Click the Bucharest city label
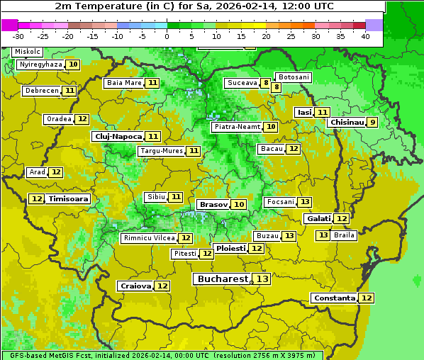223,279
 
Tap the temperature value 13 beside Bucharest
262,279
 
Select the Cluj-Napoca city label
118,136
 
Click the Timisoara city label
69,199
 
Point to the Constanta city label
334,298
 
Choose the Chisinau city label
347,122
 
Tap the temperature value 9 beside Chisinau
373,122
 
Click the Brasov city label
213,204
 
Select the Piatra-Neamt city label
237,127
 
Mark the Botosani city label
293,77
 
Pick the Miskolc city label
28,52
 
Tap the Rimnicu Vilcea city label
148,238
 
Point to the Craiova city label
136,286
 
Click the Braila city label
344,235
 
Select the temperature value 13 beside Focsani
305,202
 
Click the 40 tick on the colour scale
365,36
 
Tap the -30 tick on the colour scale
19,36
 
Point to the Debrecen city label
41,91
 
